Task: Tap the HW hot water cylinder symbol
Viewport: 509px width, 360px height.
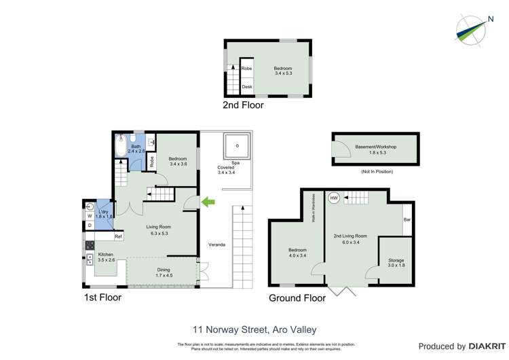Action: [x=334, y=198]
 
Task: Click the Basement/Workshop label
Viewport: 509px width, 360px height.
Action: [x=375, y=149]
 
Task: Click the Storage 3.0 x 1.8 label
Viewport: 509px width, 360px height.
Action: [x=396, y=262]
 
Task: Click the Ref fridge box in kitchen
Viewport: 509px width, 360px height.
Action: [x=118, y=236]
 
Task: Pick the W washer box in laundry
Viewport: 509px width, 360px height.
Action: [x=90, y=216]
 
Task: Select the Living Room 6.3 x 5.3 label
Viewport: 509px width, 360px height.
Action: [x=158, y=230]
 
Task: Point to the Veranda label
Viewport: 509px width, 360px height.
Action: [x=216, y=245]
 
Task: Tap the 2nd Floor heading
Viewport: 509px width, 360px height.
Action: [x=243, y=105]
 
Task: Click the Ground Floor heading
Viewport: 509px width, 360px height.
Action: [x=298, y=298]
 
